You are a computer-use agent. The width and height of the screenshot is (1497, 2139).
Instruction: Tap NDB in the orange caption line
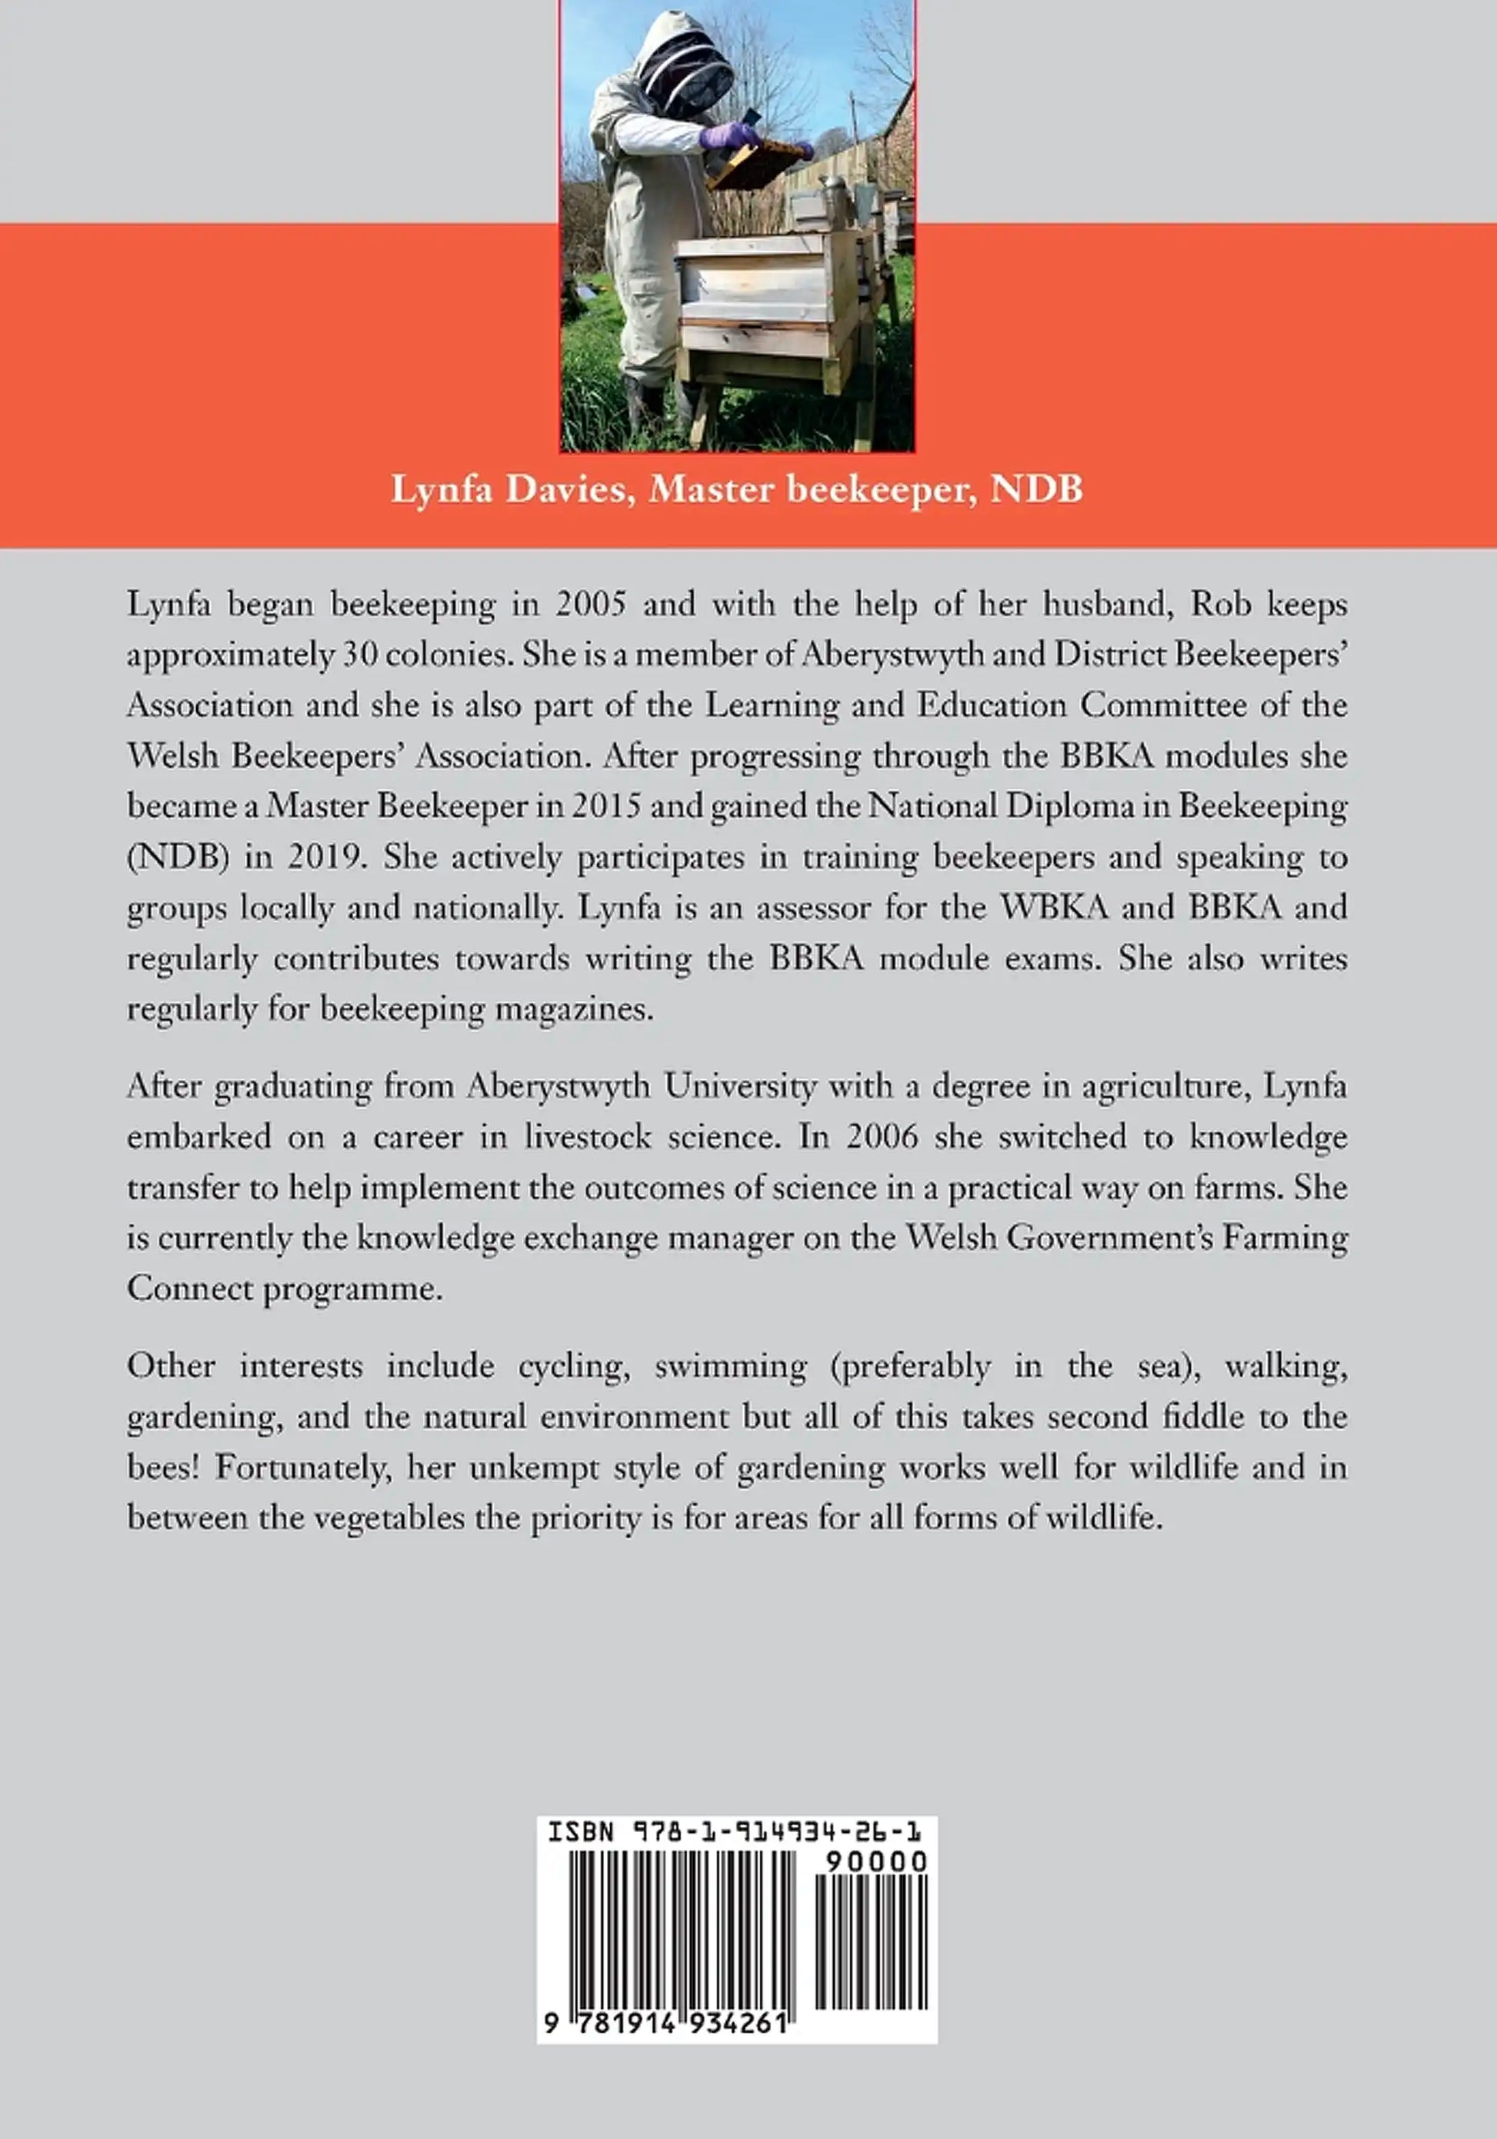pos(1036,489)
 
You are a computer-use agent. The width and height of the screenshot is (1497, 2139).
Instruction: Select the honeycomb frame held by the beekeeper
pos(755,162)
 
